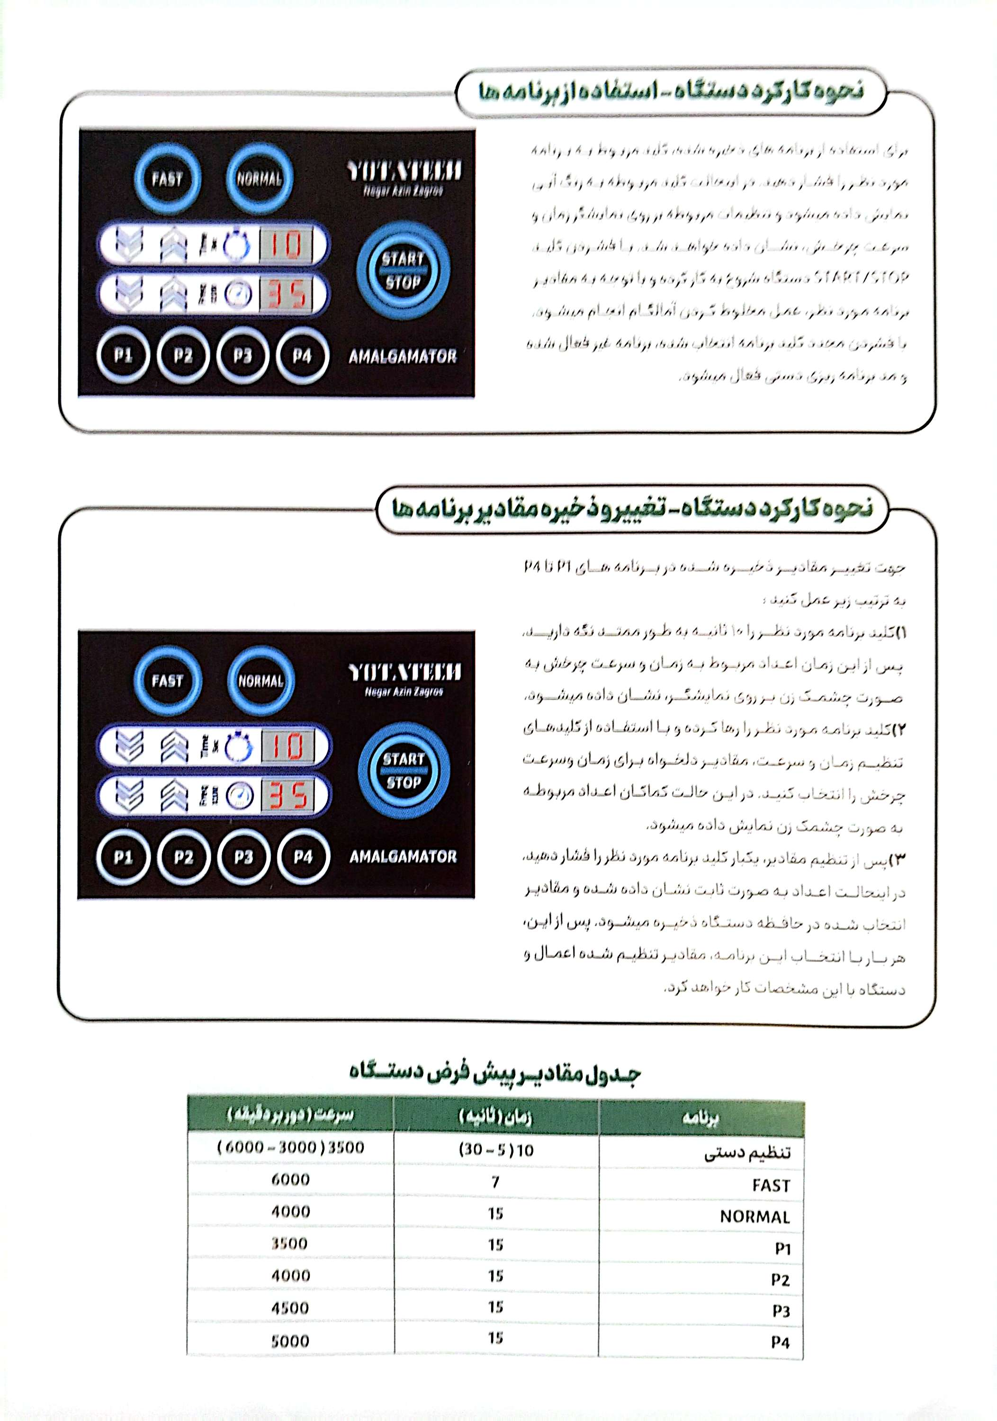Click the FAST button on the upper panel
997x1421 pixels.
[x=167, y=179]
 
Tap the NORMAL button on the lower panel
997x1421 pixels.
[x=260, y=681]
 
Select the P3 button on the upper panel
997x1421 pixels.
[x=243, y=356]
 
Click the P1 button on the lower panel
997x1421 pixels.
[x=123, y=857]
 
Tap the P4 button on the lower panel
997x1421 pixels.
[x=303, y=857]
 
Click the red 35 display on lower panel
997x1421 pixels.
[x=287, y=796]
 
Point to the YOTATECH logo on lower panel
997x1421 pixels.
[x=404, y=672]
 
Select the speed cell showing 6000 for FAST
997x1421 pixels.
[x=290, y=1179]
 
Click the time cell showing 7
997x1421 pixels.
[x=495, y=1182]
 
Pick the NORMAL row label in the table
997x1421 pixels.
[x=754, y=1216]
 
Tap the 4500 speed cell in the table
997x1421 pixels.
[x=290, y=1308]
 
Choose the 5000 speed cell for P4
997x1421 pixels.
[x=290, y=1340]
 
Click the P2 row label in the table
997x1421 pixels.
[x=781, y=1279]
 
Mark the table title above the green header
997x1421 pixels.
[x=494, y=1074]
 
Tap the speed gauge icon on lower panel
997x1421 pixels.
[x=238, y=796]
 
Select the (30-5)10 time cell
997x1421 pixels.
[x=495, y=1150]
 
